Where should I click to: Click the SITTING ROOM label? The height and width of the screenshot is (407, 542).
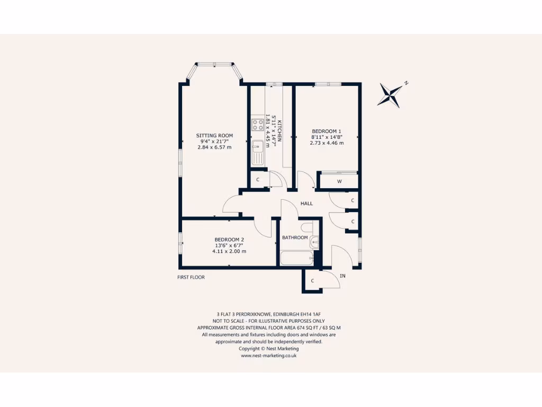tap(214, 136)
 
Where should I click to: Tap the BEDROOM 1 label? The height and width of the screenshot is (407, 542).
tap(327, 131)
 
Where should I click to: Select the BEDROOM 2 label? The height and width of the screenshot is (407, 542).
tap(229, 240)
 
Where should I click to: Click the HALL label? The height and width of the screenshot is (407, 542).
tap(306, 203)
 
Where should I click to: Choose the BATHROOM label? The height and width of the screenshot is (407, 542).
tap(295, 237)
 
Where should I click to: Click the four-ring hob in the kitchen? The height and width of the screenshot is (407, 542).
tap(258, 125)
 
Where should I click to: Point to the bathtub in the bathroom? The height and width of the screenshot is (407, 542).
tap(297, 259)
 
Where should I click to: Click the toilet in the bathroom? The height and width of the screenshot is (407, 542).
tap(307, 228)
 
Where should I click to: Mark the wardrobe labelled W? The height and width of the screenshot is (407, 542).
tap(339, 181)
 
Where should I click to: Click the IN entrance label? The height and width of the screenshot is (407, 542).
tap(342, 276)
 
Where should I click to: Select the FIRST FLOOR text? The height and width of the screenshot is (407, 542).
tap(191, 277)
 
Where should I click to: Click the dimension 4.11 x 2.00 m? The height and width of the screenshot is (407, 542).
tap(229, 251)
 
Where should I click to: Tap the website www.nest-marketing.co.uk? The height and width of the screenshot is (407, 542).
tap(268, 356)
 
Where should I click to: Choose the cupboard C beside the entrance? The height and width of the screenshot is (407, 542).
tap(313, 281)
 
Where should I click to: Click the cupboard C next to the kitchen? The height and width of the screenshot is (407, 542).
tap(258, 180)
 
